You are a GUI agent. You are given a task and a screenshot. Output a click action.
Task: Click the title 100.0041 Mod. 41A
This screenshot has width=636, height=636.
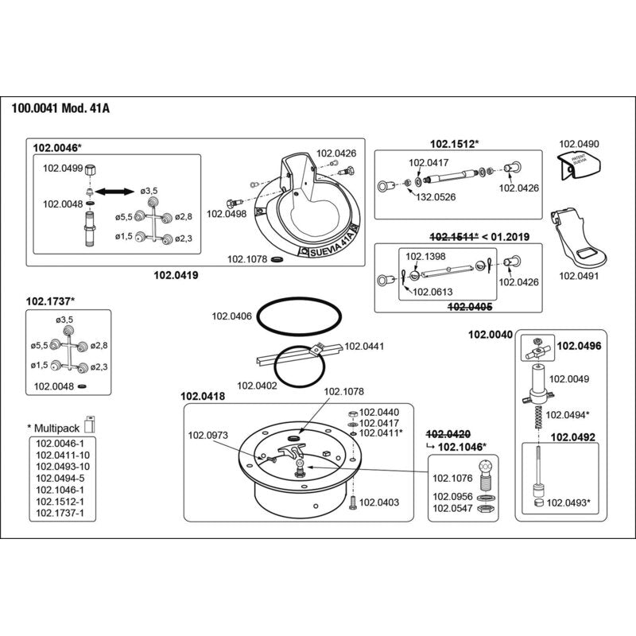60,109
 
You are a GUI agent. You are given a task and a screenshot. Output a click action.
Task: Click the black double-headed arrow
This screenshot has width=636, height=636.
114,192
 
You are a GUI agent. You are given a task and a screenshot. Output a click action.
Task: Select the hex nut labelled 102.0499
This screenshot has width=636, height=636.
91,169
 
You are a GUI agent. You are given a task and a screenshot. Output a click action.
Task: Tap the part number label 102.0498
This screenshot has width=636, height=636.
227,214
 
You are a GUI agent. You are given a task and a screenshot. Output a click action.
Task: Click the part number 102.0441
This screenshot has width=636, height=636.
364,347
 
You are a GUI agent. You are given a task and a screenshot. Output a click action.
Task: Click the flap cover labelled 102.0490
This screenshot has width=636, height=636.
580,165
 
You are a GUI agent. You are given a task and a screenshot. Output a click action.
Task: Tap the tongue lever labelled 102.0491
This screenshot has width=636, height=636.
578,239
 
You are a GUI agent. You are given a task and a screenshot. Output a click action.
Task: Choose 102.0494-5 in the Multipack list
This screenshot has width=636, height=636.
60,479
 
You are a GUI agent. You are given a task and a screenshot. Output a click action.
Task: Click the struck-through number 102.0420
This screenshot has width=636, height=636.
448,435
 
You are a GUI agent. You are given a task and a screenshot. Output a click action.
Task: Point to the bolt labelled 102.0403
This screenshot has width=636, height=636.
352,502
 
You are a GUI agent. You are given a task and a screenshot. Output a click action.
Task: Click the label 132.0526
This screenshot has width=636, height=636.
436,197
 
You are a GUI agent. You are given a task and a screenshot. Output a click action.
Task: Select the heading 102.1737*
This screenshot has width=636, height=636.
51,301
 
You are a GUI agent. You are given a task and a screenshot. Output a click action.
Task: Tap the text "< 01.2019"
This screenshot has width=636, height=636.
506,236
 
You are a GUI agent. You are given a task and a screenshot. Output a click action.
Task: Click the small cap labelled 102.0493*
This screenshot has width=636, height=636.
539,503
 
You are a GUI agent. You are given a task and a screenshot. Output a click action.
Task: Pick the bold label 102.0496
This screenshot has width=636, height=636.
579,346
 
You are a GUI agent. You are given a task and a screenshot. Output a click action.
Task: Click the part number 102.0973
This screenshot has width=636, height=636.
208,435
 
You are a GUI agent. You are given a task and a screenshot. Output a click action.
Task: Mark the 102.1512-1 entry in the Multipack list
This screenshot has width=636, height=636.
60,502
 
